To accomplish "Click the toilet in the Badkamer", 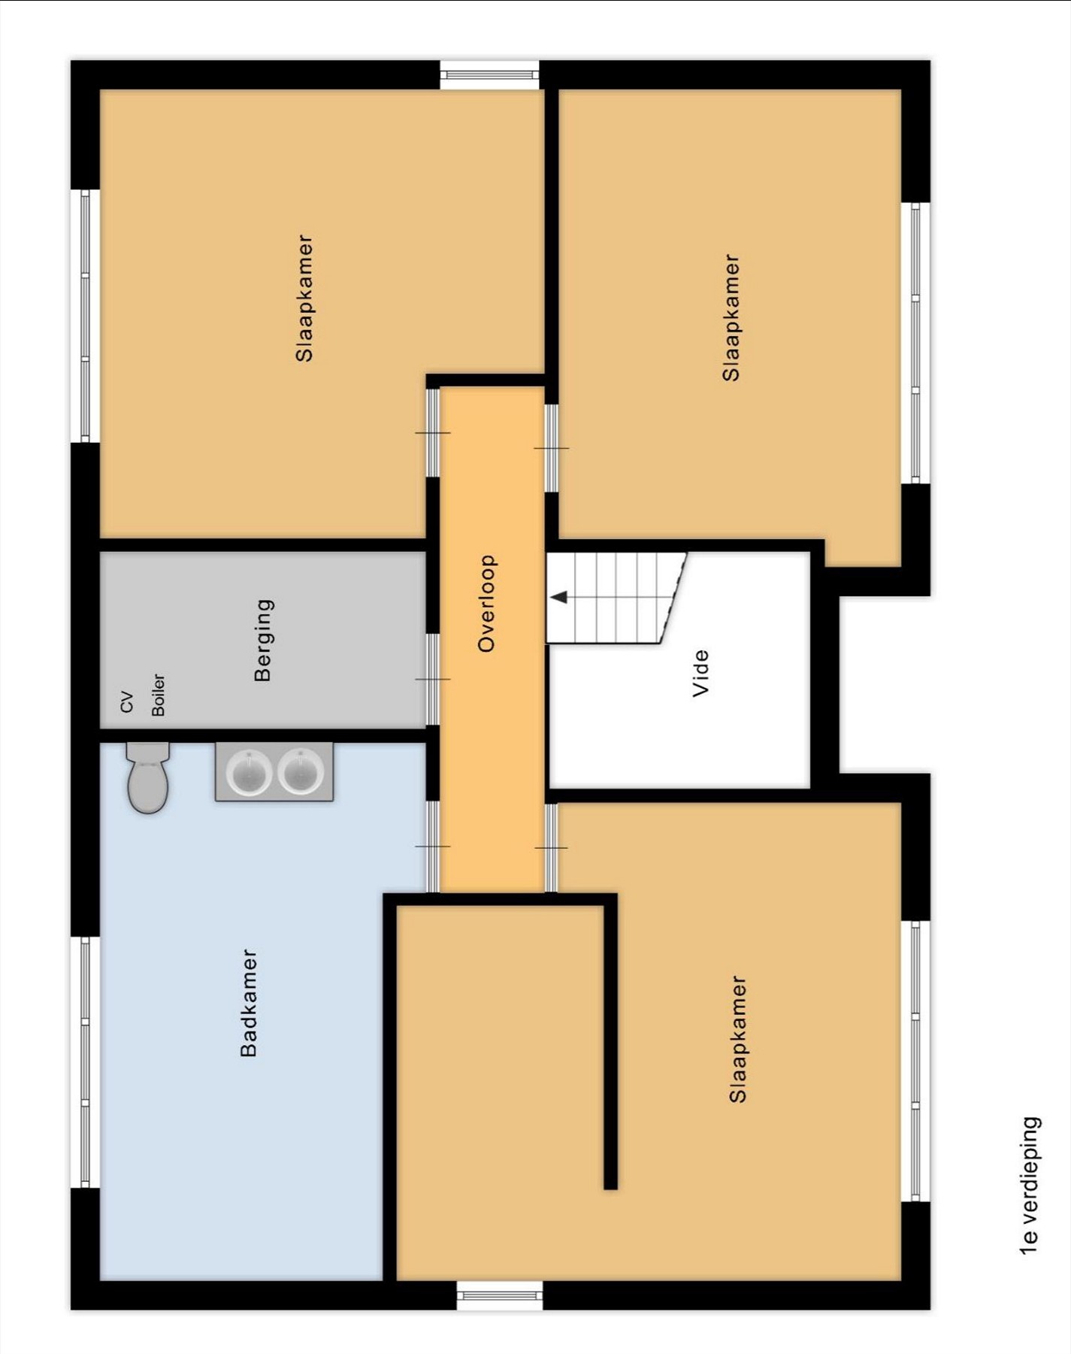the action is [x=148, y=777].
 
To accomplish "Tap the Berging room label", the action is [x=263, y=640].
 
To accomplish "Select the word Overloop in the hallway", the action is [x=487, y=603].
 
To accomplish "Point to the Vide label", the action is [x=700, y=673].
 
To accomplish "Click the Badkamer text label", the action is [x=249, y=1003].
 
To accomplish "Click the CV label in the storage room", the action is [x=127, y=702].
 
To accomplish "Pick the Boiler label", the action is [x=158, y=695].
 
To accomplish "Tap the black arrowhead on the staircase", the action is [x=559, y=597].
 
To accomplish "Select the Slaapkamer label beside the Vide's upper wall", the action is [x=731, y=317].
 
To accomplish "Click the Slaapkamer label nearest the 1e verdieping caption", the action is [x=738, y=1039].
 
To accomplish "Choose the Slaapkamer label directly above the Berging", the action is [x=304, y=298].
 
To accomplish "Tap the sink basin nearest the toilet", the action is [x=249, y=772].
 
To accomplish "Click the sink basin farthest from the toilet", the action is [x=301, y=771].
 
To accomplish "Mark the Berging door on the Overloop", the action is [x=433, y=679].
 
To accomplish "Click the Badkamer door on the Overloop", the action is [x=433, y=847].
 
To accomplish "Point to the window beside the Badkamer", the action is [x=85, y=1062].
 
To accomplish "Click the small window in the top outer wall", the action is [x=489, y=74].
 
